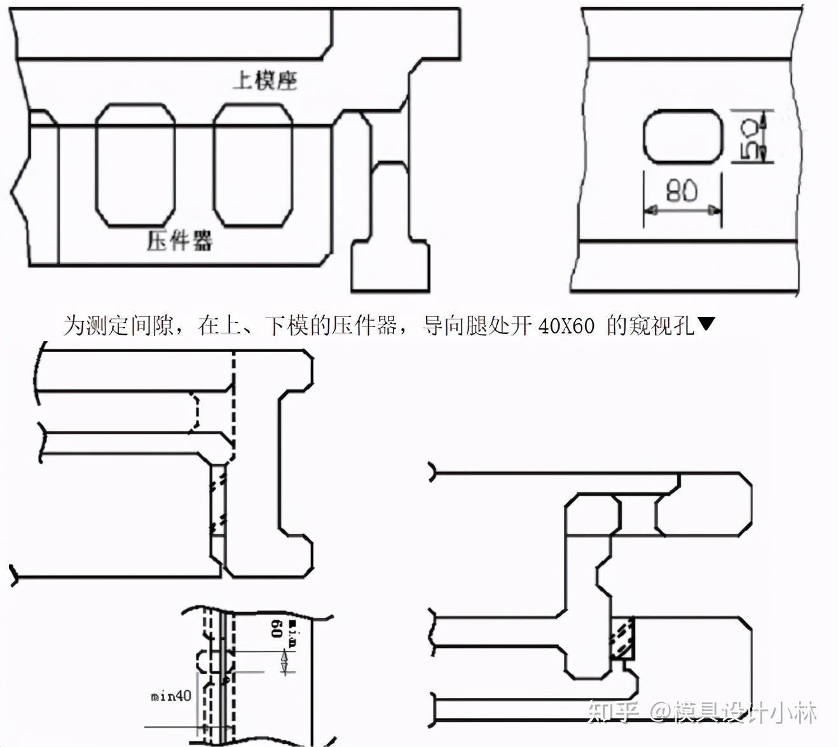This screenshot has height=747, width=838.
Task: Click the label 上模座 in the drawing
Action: pyautogui.click(x=265, y=80)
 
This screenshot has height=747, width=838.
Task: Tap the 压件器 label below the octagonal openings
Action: pyautogui.click(x=179, y=241)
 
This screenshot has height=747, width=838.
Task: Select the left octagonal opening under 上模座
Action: pyautogui.click(x=135, y=165)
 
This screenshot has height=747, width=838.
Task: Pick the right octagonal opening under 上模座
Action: pyautogui.click(x=252, y=165)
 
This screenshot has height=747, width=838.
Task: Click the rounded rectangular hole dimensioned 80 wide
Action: pyautogui.click(x=683, y=137)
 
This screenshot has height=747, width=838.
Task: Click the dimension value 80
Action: pyautogui.click(x=682, y=190)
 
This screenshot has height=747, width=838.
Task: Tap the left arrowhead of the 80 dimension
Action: pyautogui.click(x=649, y=209)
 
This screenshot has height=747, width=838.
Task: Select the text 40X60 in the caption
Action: pyautogui.click(x=566, y=326)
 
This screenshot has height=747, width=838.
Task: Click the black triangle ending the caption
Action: pyautogui.click(x=706, y=324)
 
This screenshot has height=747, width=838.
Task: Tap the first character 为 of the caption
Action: pyautogui.click(x=74, y=326)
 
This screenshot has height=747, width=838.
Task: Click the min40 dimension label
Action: pyautogui.click(x=171, y=696)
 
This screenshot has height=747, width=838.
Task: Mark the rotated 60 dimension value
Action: pyautogui.click(x=276, y=629)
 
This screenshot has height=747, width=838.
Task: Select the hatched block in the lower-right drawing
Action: pyautogui.click(x=622, y=638)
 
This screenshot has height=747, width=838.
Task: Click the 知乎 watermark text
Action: pyautogui.click(x=612, y=711)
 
